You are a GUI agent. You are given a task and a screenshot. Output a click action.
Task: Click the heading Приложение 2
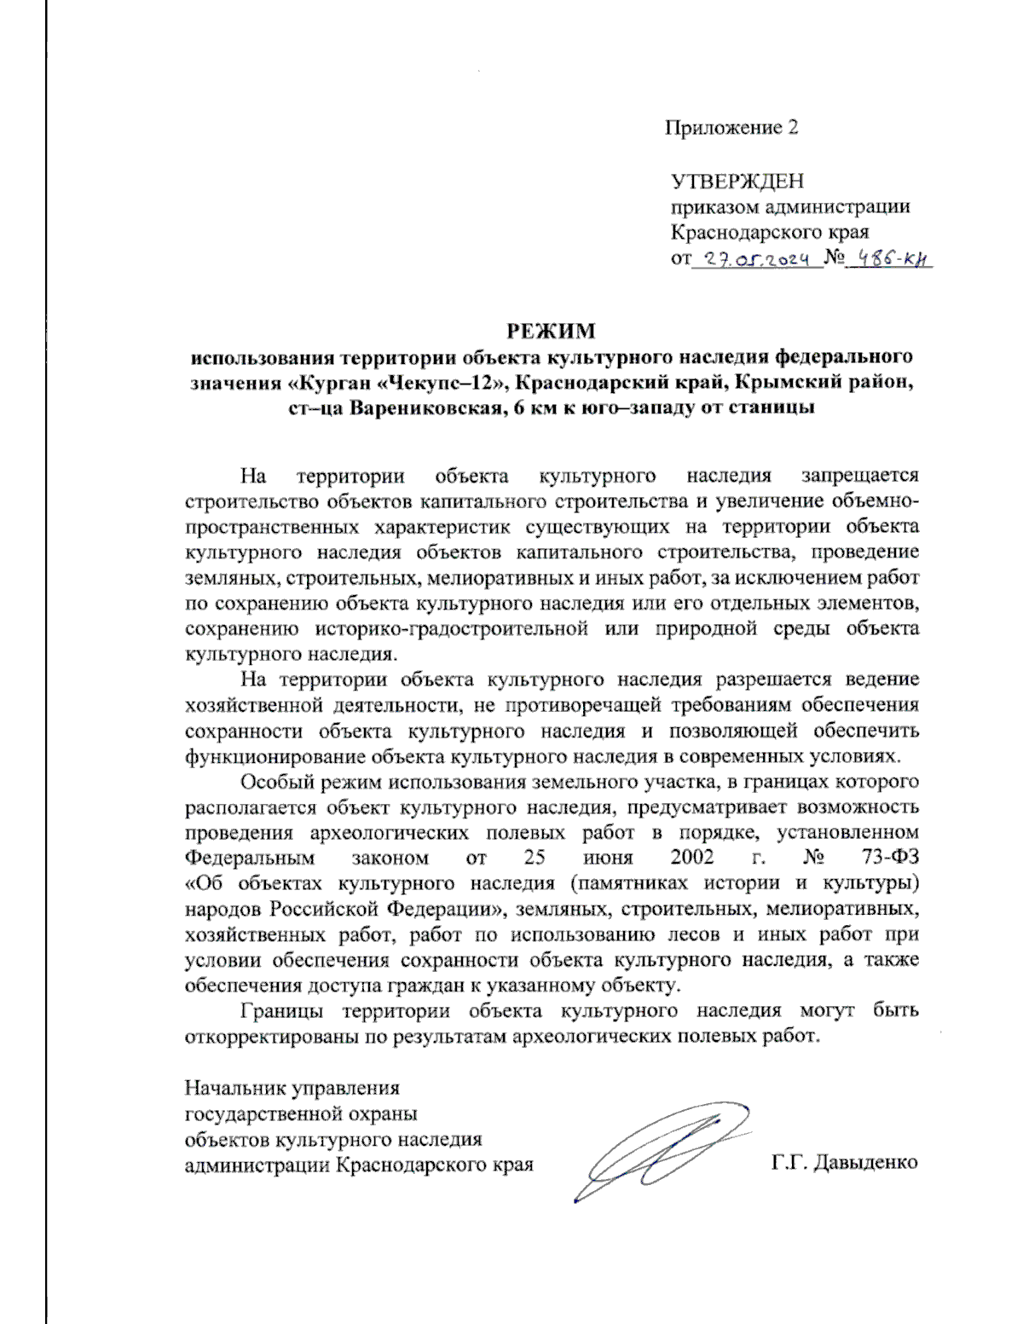tap(731, 128)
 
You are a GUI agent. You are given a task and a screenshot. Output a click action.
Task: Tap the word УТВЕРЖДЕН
tap(737, 181)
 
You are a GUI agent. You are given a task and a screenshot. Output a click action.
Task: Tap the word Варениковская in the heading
tap(415, 407)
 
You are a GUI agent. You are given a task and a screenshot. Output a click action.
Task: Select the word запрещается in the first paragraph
tap(859, 475)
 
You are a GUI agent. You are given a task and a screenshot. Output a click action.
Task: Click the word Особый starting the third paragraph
tap(274, 781)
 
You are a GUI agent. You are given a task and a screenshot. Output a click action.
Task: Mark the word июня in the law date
tap(609, 857)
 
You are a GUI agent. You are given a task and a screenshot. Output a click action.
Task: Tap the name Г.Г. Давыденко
tap(844, 1163)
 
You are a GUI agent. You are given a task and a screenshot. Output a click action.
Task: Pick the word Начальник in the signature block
tap(235, 1088)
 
